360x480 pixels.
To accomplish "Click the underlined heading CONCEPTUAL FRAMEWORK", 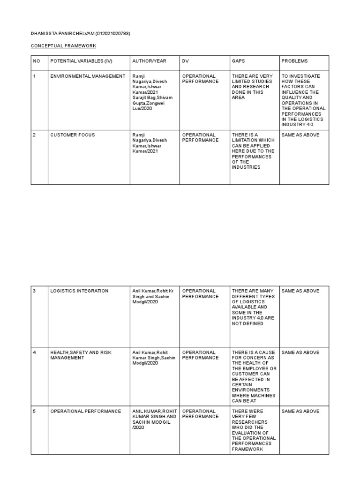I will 63,45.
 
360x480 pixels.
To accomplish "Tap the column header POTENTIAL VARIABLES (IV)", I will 81,61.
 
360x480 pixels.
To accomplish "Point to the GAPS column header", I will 238,61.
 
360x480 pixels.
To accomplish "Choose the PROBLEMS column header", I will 295,61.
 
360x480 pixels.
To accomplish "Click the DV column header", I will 185,61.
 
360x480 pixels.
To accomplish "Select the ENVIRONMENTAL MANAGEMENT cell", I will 88,76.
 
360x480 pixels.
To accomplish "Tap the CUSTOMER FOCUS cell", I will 73,135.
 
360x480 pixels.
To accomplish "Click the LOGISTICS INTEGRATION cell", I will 79,291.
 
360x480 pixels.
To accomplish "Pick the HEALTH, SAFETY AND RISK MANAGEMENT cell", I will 81,355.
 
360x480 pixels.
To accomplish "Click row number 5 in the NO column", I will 34,412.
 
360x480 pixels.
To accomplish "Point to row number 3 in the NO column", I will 34,291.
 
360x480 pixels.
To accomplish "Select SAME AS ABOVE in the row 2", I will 300,135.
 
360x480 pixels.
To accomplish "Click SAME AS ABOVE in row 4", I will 300,352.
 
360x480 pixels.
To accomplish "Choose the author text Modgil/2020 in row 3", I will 145,302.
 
